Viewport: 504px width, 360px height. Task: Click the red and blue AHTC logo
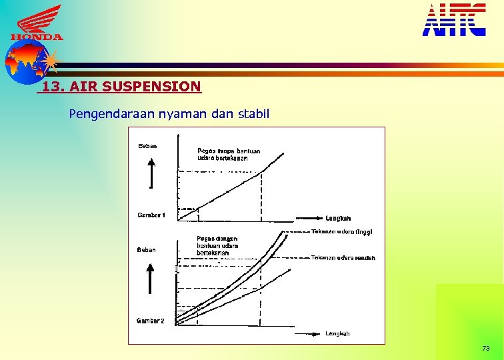454,19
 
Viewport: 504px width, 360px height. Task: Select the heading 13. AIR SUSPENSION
121,87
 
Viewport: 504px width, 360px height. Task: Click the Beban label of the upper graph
147,146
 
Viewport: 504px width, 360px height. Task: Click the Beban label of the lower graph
147,250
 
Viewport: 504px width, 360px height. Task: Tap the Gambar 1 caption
151,215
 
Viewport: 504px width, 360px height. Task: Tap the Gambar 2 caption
151,321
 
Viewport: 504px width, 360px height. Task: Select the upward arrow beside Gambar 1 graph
152,174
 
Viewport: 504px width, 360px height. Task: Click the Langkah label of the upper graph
339,218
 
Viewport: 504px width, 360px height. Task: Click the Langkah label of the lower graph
338,333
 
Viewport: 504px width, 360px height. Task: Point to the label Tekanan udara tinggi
341,232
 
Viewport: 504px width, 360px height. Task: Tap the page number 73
485,349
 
